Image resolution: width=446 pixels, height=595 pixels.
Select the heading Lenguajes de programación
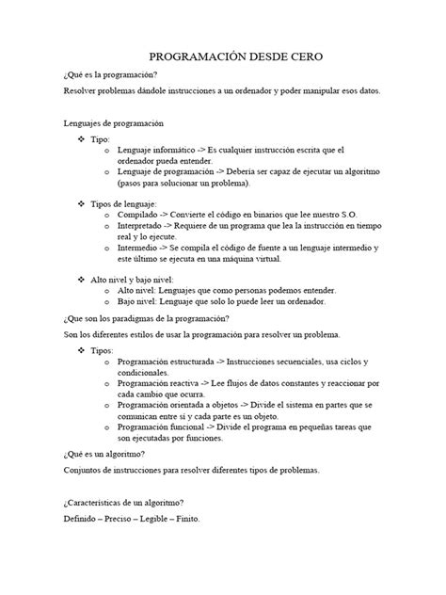113,122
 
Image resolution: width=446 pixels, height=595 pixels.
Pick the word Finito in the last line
188,519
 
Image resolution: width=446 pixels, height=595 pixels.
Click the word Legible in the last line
151,519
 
